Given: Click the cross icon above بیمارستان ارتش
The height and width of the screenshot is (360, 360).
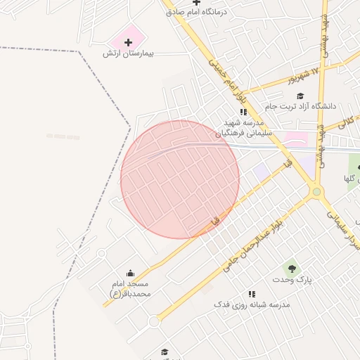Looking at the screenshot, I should pos(128,43).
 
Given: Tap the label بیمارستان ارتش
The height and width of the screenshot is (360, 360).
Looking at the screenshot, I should pos(128,54).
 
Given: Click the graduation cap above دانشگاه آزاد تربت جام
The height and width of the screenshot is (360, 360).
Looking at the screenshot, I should pos(300,96).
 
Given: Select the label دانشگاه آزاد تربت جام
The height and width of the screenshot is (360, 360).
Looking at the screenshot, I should pos(300,106).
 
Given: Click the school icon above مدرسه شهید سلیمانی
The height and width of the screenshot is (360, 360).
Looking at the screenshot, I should pos(243,112).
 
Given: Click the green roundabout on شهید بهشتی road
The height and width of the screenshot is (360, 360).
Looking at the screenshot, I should pos(317,191).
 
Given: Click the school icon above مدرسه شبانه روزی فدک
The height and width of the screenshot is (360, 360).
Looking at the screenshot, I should pos(252,294).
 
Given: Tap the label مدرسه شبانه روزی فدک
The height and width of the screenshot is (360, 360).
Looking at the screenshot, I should pos(252,305).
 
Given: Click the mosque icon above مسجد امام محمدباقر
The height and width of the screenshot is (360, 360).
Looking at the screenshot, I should pos(129,273).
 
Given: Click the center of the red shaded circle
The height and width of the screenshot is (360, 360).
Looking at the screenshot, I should pos(180,179).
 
